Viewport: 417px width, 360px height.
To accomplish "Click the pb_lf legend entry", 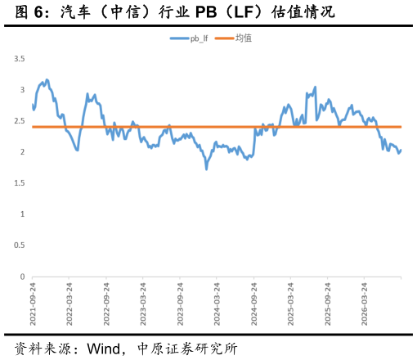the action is [x=189, y=38].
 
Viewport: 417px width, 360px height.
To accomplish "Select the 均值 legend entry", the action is [x=233, y=38].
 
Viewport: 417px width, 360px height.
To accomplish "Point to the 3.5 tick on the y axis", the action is [x=20, y=59].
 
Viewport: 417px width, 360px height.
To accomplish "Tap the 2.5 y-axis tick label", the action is [x=20, y=121].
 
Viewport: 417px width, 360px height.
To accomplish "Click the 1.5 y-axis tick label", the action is [x=20, y=183].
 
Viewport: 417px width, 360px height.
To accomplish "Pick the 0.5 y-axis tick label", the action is [x=20, y=245].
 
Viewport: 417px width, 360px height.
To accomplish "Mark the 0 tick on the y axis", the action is [x=22, y=277].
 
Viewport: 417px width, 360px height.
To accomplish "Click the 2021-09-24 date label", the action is [x=33, y=304].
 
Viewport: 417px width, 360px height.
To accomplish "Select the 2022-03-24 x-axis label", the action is [x=69, y=304].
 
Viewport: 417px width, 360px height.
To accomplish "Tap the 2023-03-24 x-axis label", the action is [x=143, y=304].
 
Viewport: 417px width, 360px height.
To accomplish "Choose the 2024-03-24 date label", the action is [x=217, y=304].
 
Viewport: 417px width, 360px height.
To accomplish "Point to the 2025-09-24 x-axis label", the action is [x=327, y=304].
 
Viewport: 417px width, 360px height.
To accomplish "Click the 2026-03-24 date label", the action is [x=364, y=304].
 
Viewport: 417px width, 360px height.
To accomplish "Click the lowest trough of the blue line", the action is [x=206, y=169].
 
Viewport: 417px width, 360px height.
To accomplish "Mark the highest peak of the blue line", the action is [x=47, y=79].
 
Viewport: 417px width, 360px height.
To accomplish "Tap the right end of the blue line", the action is [x=401, y=150].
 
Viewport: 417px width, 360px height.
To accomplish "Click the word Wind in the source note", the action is [x=104, y=349].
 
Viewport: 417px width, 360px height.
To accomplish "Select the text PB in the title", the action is [x=206, y=12].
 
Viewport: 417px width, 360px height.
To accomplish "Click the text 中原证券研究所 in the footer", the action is [x=187, y=349].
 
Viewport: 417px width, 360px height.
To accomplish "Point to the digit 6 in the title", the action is [x=38, y=12].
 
